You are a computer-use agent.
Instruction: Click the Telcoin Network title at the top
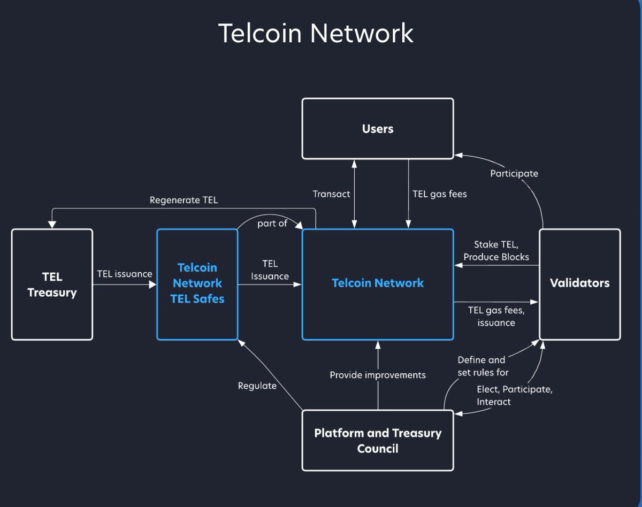tap(316, 33)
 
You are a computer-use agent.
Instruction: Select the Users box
tap(377, 128)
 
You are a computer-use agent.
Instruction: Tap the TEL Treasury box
tap(52, 285)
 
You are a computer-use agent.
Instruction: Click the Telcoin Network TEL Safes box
tap(197, 283)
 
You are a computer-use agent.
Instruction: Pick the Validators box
tap(579, 283)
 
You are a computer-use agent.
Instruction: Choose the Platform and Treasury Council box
tap(377, 440)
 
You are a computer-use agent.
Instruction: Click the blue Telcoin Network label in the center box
tap(377, 283)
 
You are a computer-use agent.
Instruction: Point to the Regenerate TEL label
tap(184, 201)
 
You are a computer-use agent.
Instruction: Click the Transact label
tap(331, 194)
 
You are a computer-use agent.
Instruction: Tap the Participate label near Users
tap(514, 173)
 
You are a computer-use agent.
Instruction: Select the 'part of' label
tap(272, 223)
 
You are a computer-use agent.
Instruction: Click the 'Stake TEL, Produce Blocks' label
tap(496, 251)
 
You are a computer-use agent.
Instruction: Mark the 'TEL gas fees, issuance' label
tap(492, 316)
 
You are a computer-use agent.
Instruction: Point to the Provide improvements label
tap(377, 375)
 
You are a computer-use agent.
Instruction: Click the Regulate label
tap(257, 386)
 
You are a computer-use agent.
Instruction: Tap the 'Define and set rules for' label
tap(483, 366)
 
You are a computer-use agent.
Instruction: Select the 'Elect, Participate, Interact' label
tap(514, 395)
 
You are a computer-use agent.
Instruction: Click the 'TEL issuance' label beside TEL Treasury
tap(124, 274)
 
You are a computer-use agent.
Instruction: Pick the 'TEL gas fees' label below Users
tap(440, 194)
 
